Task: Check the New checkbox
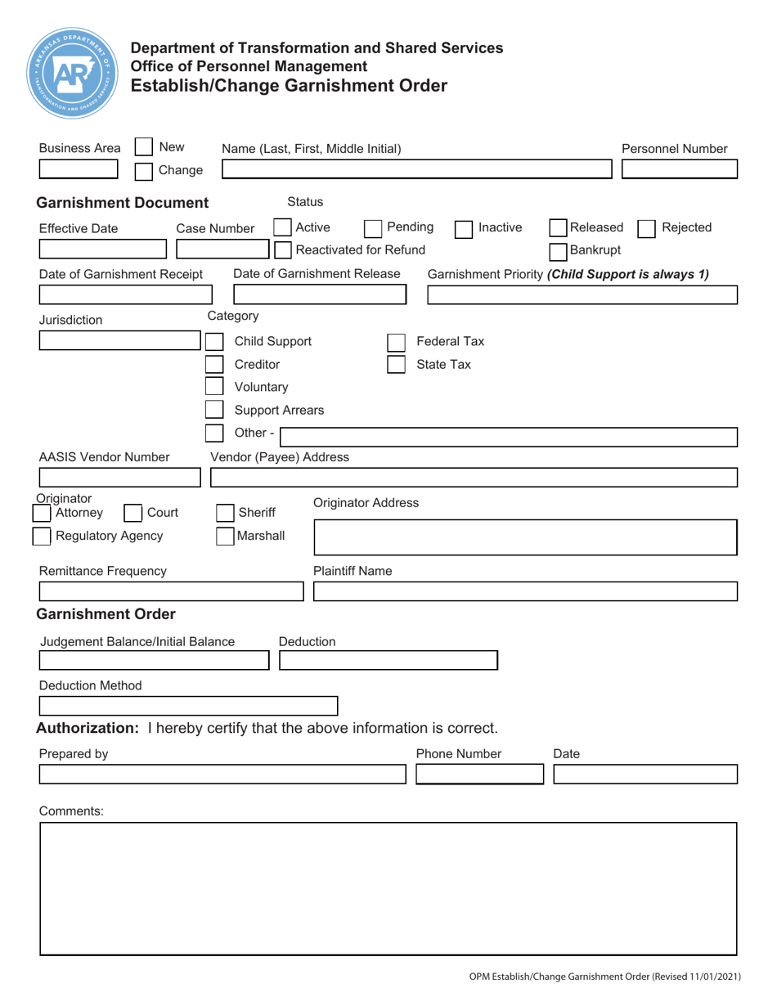click(142, 148)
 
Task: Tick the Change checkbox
click(142, 171)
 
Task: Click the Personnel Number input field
click(680, 169)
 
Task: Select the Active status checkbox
click(281, 227)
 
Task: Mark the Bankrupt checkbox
click(559, 249)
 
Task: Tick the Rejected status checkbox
click(646, 227)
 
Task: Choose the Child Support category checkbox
click(213, 342)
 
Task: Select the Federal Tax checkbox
click(396, 342)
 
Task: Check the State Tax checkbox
click(396, 365)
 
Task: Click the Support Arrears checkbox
click(213, 410)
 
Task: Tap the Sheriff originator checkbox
click(225, 513)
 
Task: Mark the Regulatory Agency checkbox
click(41, 536)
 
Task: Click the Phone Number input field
click(479, 774)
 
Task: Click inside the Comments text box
click(388, 888)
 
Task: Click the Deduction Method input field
click(188, 705)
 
